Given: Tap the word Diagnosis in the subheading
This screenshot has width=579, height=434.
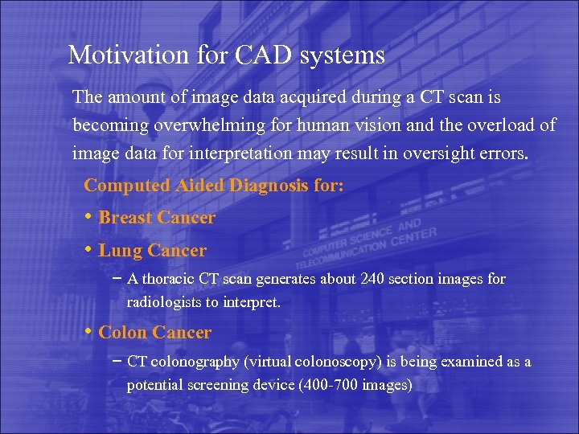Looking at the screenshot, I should [269, 186].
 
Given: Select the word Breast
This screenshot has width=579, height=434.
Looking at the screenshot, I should [125, 218].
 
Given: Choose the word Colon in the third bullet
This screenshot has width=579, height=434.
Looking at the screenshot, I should [122, 332].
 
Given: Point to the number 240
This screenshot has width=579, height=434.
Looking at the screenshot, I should [366, 279].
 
